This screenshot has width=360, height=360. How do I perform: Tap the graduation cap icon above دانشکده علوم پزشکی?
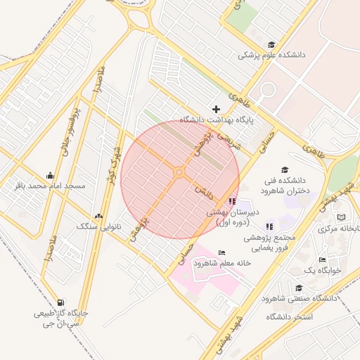[271, 44]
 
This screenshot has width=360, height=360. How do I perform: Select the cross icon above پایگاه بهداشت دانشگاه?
[216, 109]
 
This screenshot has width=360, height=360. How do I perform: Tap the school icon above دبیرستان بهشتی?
[232, 202]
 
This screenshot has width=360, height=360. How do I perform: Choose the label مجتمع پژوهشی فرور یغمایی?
[270, 243]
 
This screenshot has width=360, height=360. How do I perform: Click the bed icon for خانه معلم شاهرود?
[222, 253]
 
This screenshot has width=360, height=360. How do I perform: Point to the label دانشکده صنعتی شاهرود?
[300, 298]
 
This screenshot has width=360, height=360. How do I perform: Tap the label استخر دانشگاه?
[288, 317]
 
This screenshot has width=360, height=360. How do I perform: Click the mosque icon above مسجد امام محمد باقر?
[50, 175]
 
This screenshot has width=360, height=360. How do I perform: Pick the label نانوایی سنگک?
[99, 226]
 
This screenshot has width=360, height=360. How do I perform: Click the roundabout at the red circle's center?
[179, 172]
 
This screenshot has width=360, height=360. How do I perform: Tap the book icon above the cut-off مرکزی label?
[341, 219]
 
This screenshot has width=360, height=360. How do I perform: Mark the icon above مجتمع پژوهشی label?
[269, 226]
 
